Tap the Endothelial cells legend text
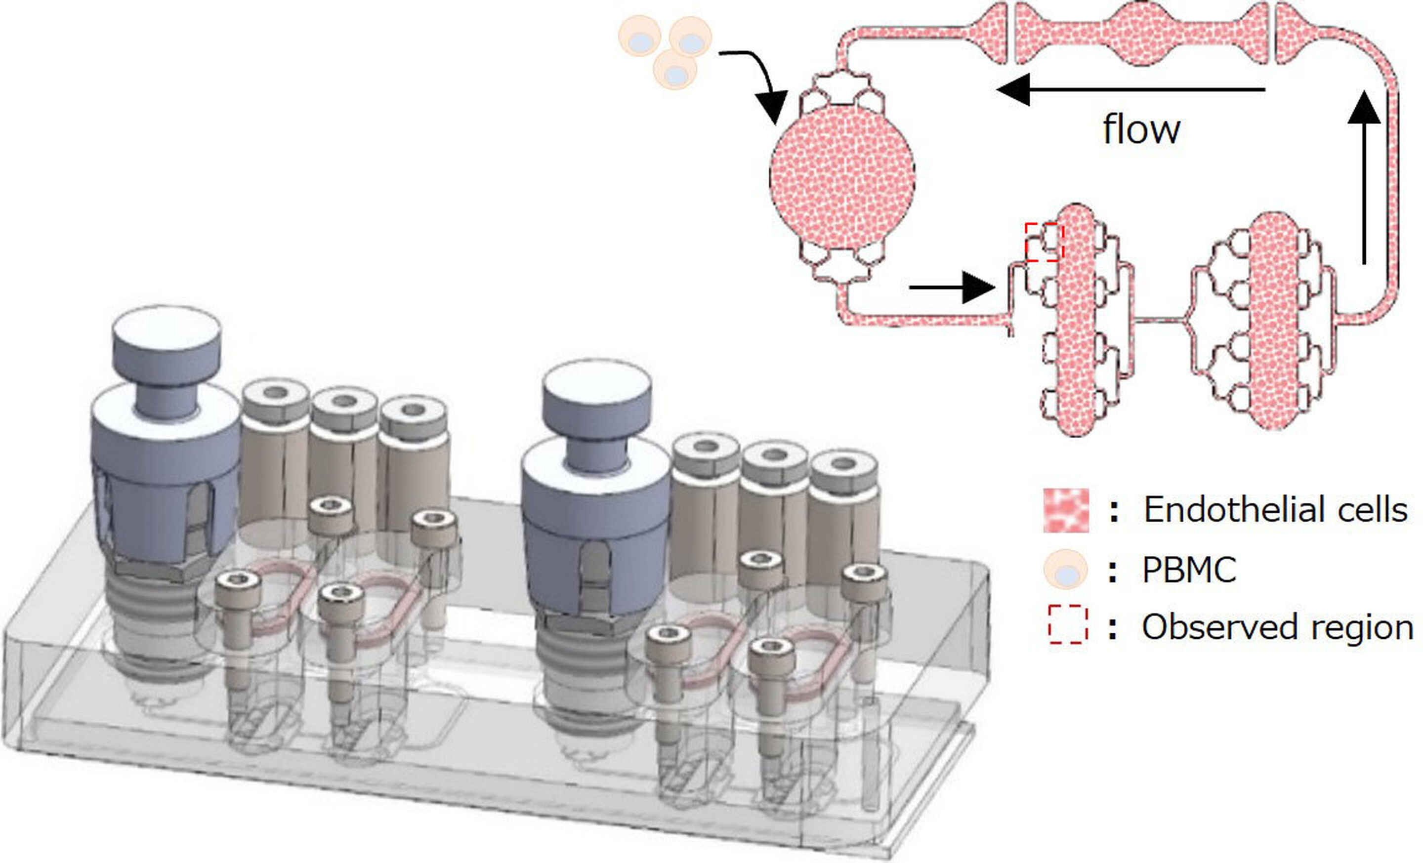coord(1275,510)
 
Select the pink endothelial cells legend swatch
coord(1065,510)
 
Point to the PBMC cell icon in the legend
coord(1065,570)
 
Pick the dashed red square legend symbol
coord(1068,624)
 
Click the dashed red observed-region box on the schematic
coord(1044,242)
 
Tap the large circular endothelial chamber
coord(842,176)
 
